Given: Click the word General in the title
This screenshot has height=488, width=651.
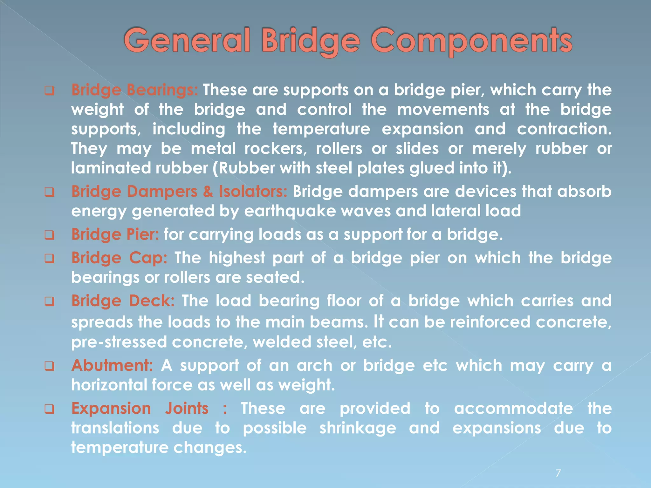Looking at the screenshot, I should [187, 41].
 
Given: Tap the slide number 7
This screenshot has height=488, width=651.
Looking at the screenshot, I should [558, 473].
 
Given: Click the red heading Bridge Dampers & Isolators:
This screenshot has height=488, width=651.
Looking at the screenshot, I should [179, 192].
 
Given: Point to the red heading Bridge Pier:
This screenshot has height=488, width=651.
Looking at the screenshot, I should [115, 235].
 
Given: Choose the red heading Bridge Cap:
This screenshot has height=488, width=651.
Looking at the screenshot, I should [119, 258].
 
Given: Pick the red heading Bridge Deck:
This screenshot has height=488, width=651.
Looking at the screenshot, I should [123, 301].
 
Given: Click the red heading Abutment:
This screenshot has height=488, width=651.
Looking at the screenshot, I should [112, 365].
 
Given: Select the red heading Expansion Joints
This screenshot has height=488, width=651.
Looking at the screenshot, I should [140, 409].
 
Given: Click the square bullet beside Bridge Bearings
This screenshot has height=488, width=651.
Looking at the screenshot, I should [49, 91].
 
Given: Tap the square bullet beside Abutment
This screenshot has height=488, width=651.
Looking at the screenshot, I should [49, 366].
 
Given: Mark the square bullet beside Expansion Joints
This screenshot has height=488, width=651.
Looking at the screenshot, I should [49, 409].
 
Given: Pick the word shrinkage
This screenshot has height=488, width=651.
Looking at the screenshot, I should [357, 428].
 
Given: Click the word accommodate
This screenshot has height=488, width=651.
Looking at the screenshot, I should [513, 409].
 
